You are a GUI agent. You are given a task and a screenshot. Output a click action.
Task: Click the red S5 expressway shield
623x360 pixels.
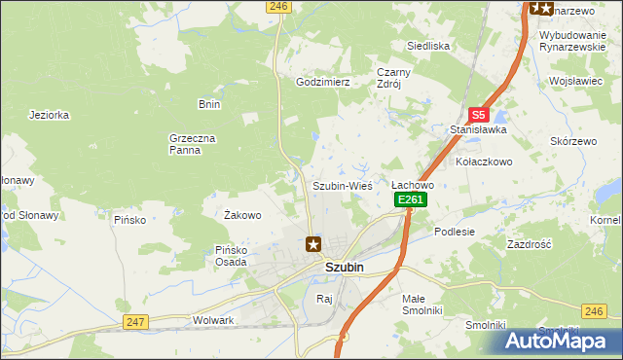pyautogui.click(x=477, y=114)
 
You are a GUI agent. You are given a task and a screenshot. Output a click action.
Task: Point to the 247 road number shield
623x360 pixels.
pyautogui.click(x=134, y=322)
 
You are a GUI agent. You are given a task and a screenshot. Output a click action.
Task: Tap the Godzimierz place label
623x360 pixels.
pyautogui.click(x=322, y=83)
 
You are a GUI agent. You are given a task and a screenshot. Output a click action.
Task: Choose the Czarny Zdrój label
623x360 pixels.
pyautogui.click(x=395, y=78)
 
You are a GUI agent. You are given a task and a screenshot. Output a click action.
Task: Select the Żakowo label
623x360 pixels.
pyautogui.click(x=242, y=215)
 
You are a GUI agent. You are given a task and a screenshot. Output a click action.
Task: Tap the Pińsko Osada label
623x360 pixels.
pyautogui.click(x=236, y=255)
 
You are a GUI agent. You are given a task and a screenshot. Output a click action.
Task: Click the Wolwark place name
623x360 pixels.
pyautogui.click(x=214, y=319)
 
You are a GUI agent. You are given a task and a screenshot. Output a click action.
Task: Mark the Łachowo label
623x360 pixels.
pyautogui.click(x=413, y=184)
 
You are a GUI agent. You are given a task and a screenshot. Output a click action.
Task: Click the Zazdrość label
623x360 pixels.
pyautogui.click(x=530, y=244)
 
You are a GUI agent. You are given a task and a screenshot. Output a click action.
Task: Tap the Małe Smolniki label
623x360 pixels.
pyautogui.click(x=422, y=304)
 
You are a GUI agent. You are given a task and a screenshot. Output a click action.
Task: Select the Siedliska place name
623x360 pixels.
pyautogui.click(x=427, y=46)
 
